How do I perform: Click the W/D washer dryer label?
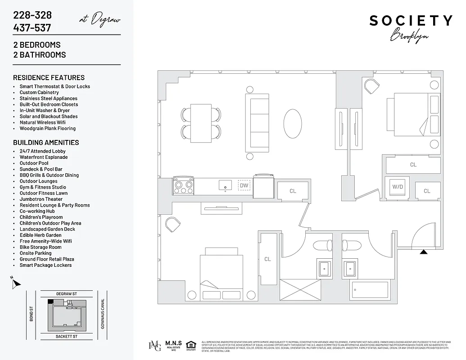[x=397, y=186]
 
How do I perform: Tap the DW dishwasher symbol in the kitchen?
[x=244, y=185]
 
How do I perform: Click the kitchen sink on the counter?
[x=225, y=185]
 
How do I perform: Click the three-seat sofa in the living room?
[x=259, y=123]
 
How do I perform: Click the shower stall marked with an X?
[x=300, y=290]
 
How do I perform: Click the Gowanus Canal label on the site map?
[x=103, y=314]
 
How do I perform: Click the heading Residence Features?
[x=49, y=77]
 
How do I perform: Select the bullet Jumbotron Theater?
[x=41, y=199]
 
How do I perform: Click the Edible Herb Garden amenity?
[x=41, y=235]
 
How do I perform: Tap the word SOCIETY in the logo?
[x=411, y=21]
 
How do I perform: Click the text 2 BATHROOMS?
[x=39, y=55]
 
